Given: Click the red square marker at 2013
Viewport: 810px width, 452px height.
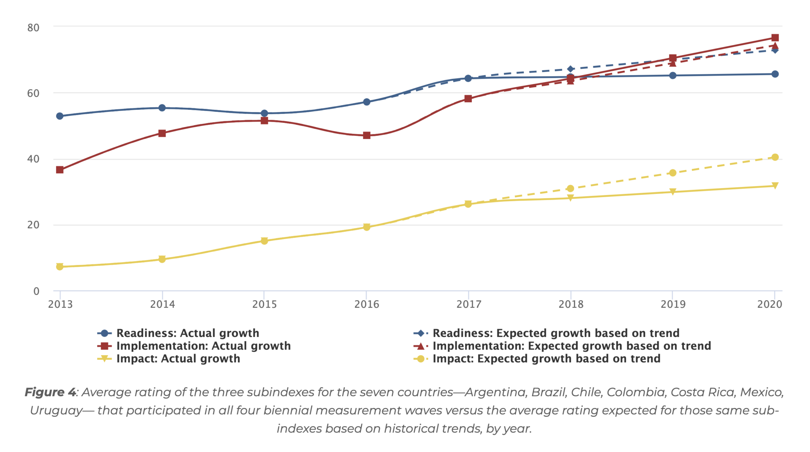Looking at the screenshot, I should pyautogui.click(x=60, y=170).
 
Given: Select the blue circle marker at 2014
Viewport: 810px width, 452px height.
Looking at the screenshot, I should pyautogui.click(x=162, y=108).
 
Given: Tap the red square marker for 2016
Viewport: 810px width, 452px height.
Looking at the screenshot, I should pyautogui.click(x=367, y=136).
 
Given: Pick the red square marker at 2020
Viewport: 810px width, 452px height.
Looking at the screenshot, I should pyautogui.click(x=775, y=38).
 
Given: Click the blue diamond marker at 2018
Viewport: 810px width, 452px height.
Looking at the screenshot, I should pyautogui.click(x=570, y=69).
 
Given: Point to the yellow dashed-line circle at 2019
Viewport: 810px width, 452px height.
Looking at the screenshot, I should pyautogui.click(x=673, y=173).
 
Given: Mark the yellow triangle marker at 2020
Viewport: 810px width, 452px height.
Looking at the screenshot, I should pyautogui.click(x=775, y=186).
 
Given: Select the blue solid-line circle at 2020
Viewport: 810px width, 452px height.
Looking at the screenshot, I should pyautogui.click(x=775, y=74).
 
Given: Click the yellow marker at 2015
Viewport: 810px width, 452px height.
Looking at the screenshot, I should pyautogui.click(x=264, y=241).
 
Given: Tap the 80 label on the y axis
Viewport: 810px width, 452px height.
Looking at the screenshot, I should pyautogui.click(x=34, y=28).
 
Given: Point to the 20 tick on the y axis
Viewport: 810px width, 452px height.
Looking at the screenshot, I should pyautogui.click(x=34, y=225).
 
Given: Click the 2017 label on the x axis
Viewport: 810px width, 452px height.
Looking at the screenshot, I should pyautogui.click(x=469, y=304).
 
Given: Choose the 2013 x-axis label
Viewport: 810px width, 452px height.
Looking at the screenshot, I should pyautogui.click(x=61, y=304).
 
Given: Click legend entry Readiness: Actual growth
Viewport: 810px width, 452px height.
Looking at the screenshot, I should pyautogui.click(x=187, y=333).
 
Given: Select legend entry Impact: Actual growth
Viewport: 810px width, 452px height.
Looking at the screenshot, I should pyautogui.click(x=178, y=359).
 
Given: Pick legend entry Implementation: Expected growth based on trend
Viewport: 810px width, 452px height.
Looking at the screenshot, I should pyautogui.click(x=572, y=346).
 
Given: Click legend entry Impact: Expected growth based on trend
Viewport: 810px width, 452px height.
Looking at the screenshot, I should pyautogui.click(x=546, y=359).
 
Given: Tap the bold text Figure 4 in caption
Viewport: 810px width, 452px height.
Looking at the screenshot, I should pyautogui.click(x=50, y=392).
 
